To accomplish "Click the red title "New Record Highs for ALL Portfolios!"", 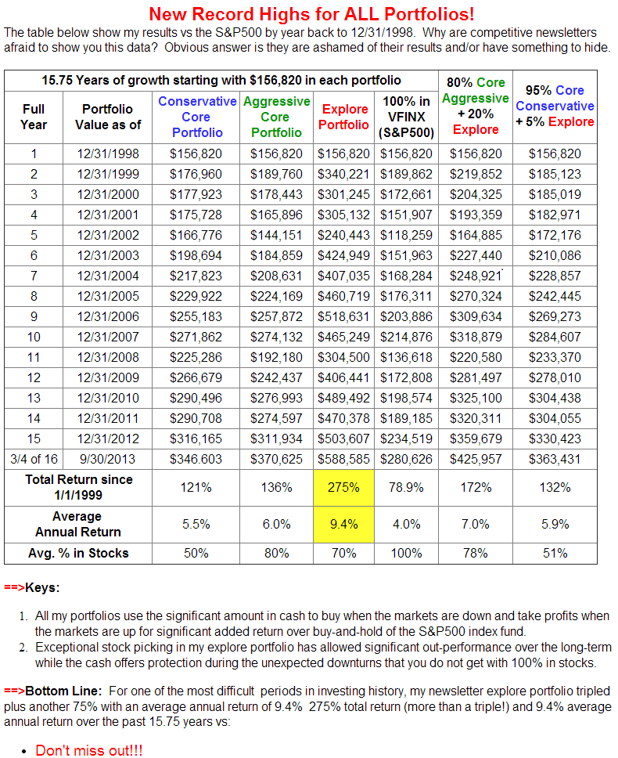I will pos(311,14).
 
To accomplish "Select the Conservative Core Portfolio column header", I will pos(197,117).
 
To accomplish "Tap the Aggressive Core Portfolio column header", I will pos(277,117).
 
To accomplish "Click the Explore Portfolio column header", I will pos(344,117).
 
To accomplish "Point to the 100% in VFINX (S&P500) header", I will pos(406,117).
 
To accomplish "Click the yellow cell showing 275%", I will pos(344,487).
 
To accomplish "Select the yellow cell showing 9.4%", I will pos(344,524).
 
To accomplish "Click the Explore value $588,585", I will pos(344,459).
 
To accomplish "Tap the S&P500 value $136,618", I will pos(406,377).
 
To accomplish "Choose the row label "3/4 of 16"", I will pos(34,459).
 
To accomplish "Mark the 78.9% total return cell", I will pos(406,487).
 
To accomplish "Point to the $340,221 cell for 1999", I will pos(344,174).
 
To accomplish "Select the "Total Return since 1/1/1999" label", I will pos(78,487).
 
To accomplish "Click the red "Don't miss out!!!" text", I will pos(88,749).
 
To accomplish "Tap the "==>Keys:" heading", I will pos(31,587).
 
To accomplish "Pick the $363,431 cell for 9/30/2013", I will pos(555,459).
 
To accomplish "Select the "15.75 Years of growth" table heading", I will pos(221,80).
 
